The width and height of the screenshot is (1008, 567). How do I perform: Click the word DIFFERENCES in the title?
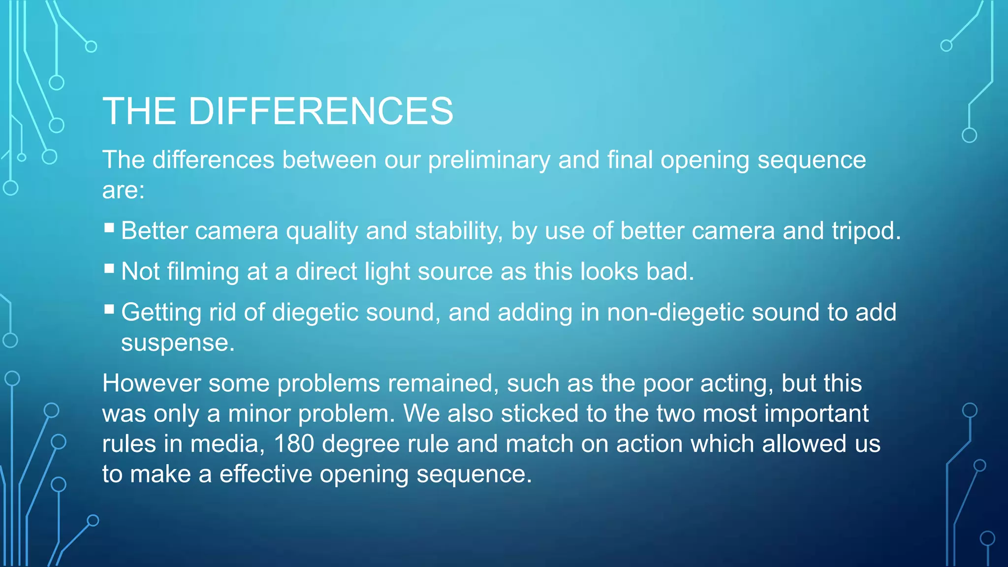point(320,111)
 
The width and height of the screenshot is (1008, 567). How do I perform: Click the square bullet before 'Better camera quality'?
point(109,228)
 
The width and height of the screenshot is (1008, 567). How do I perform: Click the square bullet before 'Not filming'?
point(109,269)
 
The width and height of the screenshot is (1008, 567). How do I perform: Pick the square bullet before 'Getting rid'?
point(109,310)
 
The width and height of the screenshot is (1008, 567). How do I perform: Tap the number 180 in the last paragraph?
point(294,444)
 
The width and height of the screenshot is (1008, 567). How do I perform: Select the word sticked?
point(539,413)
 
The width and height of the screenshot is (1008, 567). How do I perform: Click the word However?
point(151,383)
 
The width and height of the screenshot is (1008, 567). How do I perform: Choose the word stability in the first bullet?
point(455,231)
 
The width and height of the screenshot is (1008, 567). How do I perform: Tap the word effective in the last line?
point(265,474)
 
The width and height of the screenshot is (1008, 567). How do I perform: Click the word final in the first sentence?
point(630,160)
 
